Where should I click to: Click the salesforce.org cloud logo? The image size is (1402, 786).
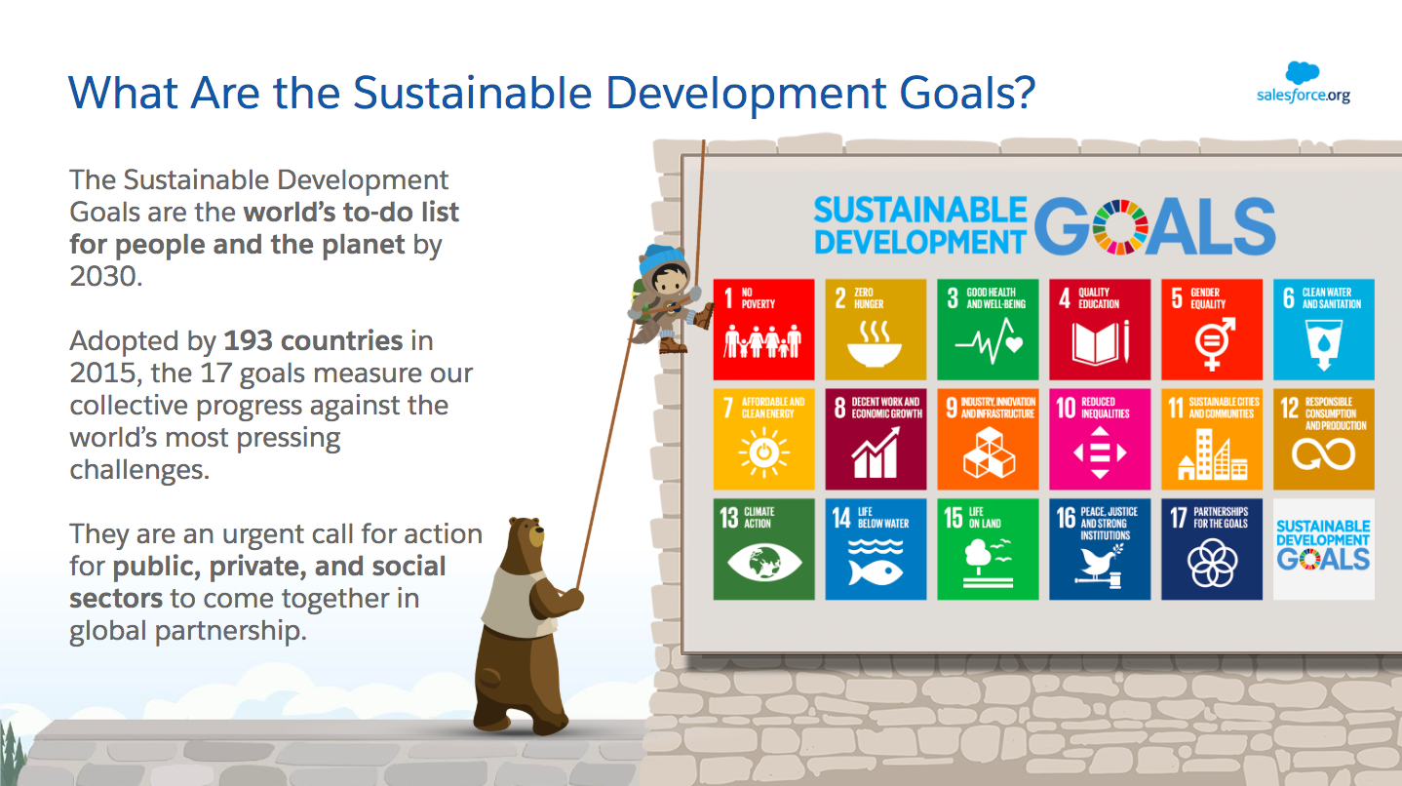(x=1302, y=73)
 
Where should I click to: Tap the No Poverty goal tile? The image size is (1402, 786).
(x=763, y=330)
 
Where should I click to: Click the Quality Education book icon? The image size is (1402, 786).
(x=1100, y=342)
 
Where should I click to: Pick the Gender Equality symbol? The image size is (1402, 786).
(x=1214, y=343)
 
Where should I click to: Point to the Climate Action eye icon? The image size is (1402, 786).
(x=763, y=562)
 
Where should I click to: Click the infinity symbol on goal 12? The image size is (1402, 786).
(x=1323, y=453)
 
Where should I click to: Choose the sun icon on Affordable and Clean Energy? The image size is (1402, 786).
(x=763, y=452)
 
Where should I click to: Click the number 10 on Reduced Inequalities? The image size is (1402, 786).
(x=1066, y=408)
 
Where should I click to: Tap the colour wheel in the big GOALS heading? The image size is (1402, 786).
(x=1119, y=227)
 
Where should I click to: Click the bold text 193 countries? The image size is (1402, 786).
(x=314, y=341)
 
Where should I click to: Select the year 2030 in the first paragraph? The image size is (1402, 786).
(x=105, y=277)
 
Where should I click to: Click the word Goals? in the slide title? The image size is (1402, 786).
(x=967, y=93)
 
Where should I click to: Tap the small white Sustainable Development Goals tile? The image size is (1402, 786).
(x=1324, y=549)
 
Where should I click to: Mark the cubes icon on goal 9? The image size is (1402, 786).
(x=989, y=453)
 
